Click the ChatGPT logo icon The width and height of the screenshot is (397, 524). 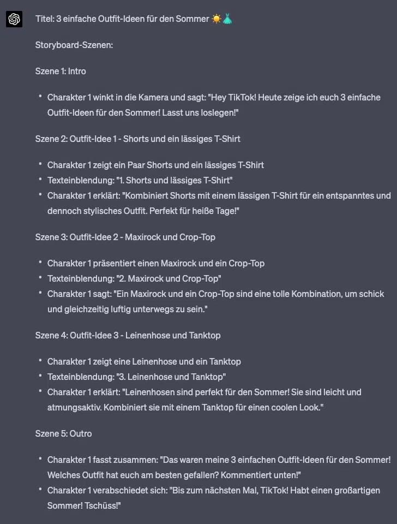tap(14, 19)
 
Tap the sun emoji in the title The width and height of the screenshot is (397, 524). tap(216, 19)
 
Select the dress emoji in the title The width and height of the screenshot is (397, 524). tap(227, 19)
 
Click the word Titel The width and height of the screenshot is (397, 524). tap(44, 19)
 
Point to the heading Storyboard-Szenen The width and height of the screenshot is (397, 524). tap(74, 45)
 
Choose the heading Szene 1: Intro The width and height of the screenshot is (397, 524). tap(61, 71)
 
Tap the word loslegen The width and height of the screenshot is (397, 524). tap(221, 112)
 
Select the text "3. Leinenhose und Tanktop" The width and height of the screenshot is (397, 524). tap(174, 377)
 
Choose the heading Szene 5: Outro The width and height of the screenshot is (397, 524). tap(63, 433)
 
